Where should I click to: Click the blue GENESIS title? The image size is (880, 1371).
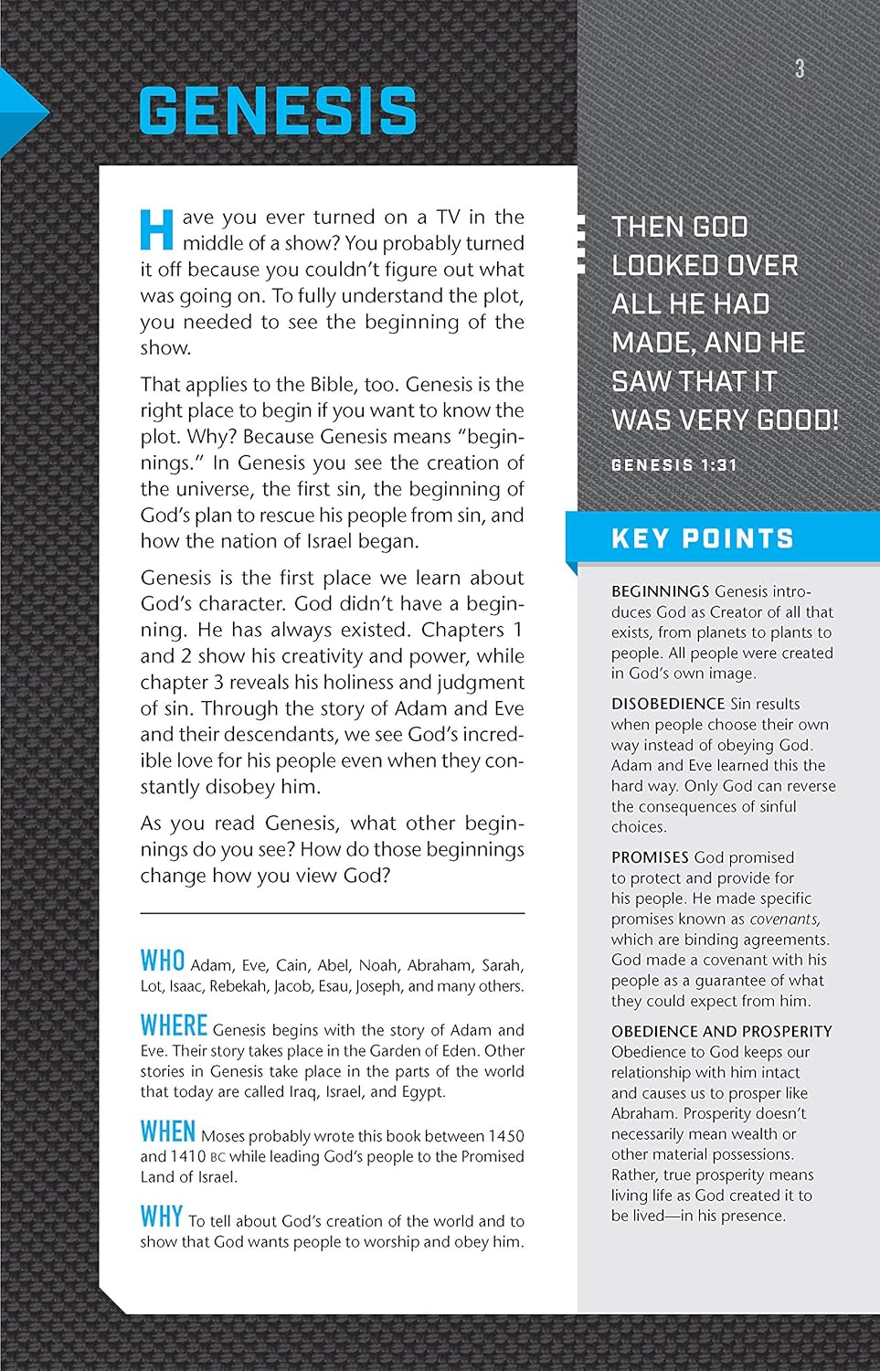[x=277, y=112]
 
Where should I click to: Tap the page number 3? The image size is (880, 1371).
[x=800, y=69]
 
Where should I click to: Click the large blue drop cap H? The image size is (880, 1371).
[x=156, y=229]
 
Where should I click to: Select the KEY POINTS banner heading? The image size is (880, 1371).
[x=702, y=538]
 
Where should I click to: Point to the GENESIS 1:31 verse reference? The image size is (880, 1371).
[x=673, y=465]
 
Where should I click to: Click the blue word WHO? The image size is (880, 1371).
[x=163, y=961]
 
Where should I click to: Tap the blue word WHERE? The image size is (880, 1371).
[x=174, y=1025]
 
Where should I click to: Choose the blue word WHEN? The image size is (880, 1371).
[x=167, y=1132]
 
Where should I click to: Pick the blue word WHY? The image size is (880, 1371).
[x=161, y=1217]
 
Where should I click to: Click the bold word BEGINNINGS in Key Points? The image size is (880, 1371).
[x=660, y=591]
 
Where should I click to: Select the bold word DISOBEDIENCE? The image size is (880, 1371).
[x=668, y=704]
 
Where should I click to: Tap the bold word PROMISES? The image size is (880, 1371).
[x=650, y=857]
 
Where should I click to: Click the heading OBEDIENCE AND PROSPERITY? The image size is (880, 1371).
[x=721, y=1031]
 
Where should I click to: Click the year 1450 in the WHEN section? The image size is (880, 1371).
[x=505, y=1136]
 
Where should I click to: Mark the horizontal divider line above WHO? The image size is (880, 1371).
[x=332, y=913]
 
